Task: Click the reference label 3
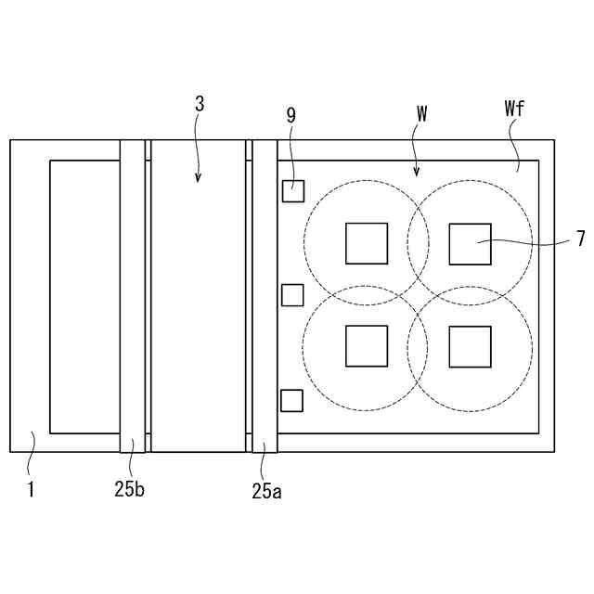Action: coord(200,104)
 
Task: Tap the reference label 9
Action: coord(291,115)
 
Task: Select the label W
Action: coord(421,113)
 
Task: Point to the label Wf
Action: coord(514,109)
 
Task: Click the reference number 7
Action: coord(581,239)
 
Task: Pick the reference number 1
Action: coord(31,489)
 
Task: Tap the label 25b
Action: coord(130,489)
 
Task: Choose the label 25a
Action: coord(267,491)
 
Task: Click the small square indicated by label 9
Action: coord(293,191)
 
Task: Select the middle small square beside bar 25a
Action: coord(292,295)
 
